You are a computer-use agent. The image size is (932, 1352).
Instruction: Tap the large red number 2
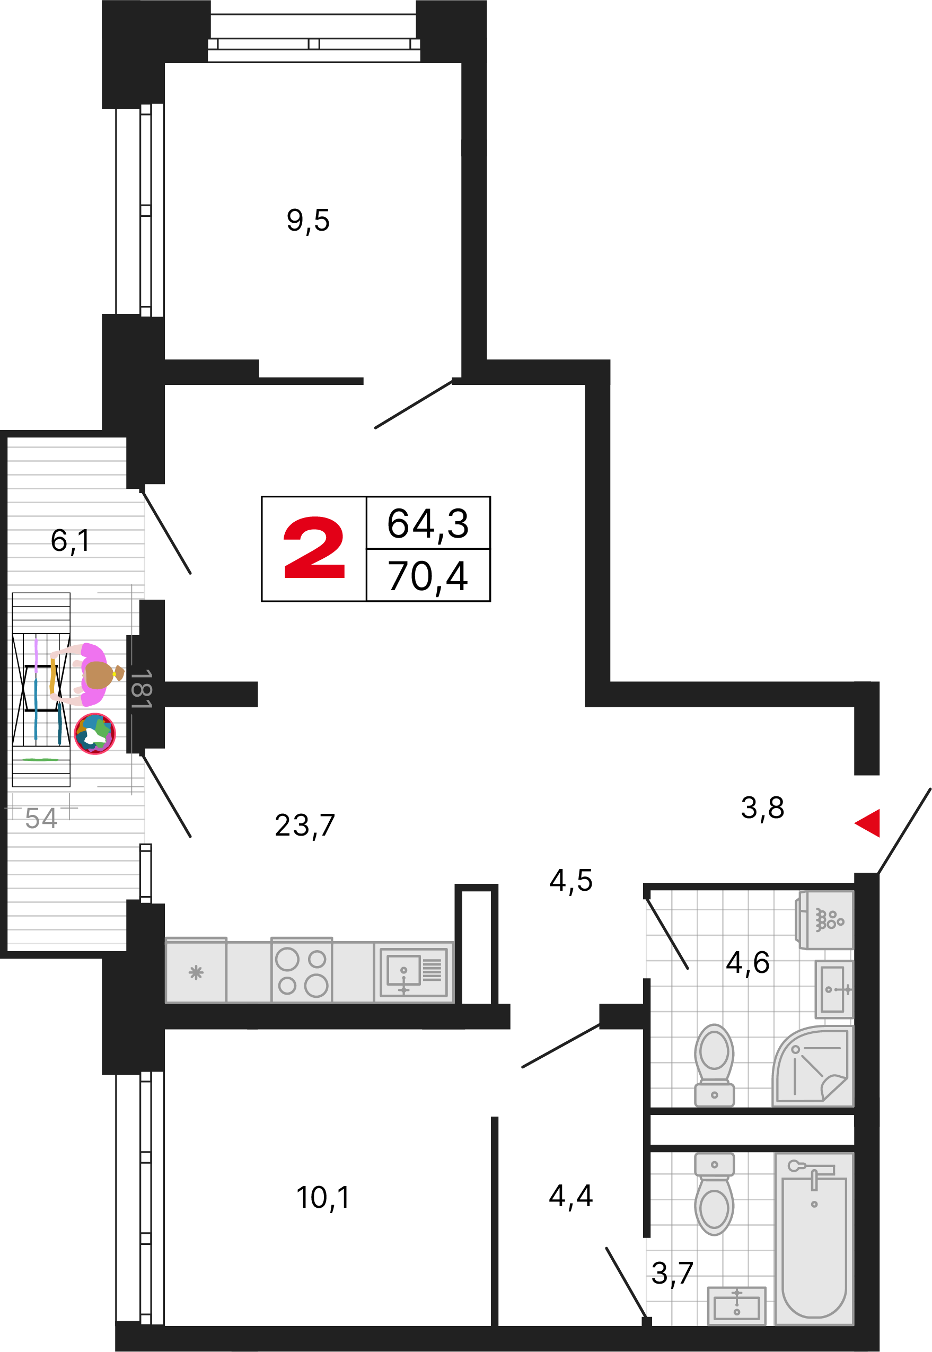[314, 548]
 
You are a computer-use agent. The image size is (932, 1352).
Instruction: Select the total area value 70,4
[428, 576]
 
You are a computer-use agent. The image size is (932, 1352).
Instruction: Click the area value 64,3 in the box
[428, 524]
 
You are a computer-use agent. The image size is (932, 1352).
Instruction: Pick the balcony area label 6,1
[70, 541]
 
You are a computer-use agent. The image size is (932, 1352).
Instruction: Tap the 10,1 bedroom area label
[323, 1198]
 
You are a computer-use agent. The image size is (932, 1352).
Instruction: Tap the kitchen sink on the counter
[414, 972]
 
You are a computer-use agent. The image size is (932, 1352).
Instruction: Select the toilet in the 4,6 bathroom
[714, 1065]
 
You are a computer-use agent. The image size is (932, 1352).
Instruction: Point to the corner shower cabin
[813, 1066]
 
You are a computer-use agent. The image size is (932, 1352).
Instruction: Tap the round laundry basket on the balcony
[95, 734]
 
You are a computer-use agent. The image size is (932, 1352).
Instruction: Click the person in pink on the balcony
[87, 674]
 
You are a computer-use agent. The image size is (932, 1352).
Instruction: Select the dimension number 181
[140, 689]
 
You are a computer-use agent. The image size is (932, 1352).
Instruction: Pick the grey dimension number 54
[41, 818]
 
